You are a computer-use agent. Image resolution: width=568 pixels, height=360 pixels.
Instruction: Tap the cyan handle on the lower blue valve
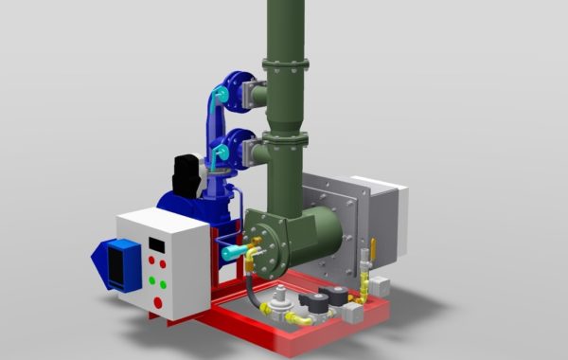coord(217,148)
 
